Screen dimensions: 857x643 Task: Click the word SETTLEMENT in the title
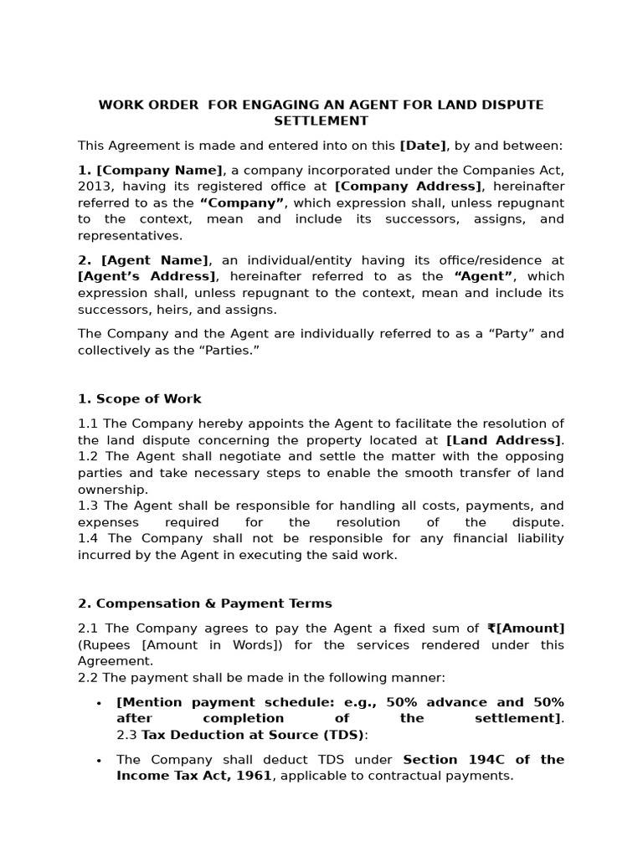pos(321,121)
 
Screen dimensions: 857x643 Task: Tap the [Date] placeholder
pos(423,146)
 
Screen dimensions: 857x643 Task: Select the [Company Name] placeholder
pos(161,170)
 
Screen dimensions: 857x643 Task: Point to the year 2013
pos(94,187)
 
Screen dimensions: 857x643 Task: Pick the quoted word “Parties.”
pos(224,350)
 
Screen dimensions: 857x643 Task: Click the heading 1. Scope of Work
pos(140,399)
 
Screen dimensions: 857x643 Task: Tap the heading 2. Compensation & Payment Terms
pos(205,603)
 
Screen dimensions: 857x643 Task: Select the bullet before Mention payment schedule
pos(99,703)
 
